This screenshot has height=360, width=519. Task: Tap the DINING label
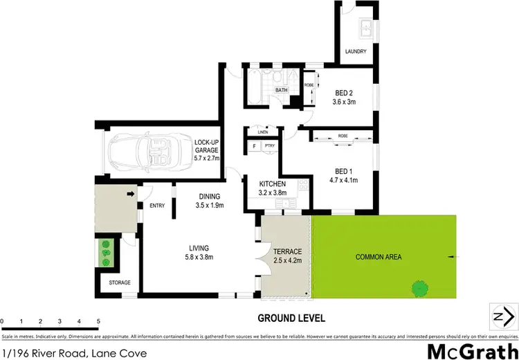click(x=208, y=196)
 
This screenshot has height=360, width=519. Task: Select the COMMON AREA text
click(x=379, y=257)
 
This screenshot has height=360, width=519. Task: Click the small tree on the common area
click(x=419, y=287)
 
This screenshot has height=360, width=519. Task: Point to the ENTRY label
click(x=157, y=205)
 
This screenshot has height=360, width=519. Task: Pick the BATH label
click(x=282, y=90)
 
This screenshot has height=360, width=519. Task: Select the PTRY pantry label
click(x=271, y=147)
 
